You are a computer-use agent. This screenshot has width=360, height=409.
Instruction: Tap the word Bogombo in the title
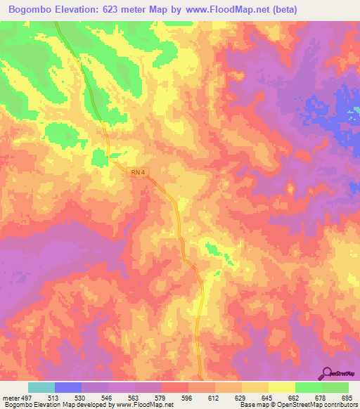coord(33,10)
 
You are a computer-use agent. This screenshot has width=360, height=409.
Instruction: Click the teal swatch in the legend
coord(41,387)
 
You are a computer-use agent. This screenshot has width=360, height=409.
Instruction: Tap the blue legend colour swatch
coord(68,387)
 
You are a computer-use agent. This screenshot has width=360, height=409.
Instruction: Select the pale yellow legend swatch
coord(282,387)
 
